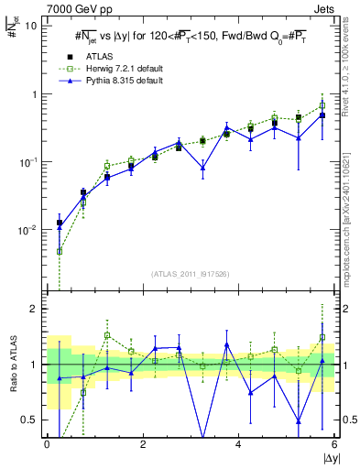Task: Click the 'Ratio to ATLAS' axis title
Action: coord(12,364)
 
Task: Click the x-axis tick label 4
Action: coord(239,444)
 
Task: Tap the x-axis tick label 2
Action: coord(143,444)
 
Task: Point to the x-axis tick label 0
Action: coord(47,444)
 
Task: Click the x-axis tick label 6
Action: coord(334,444)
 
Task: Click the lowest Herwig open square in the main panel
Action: coord(60,251)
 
